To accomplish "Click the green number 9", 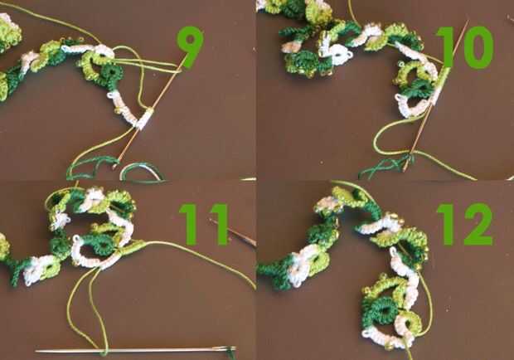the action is pyautogui.click(x=190, y=47).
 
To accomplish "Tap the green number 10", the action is pyautogui.click(x=465, y=48).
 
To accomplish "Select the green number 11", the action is pyautogui.click(x=204, y=225).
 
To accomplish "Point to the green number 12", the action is pyautogui.click(x=465, y=225).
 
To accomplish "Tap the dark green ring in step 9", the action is pyautogui.click(x=110, y=74).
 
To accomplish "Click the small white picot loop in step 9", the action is pyautogui.click(x=111, y=95).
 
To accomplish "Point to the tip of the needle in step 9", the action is pyautogui.click(x=114, y=168).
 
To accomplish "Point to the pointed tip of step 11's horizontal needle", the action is pyautogui.click(x=36, y=352).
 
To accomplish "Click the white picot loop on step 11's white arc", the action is pyautogui.click(x=76, y=239).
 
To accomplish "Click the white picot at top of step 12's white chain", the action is pyautogui.click(x=392, y=252).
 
